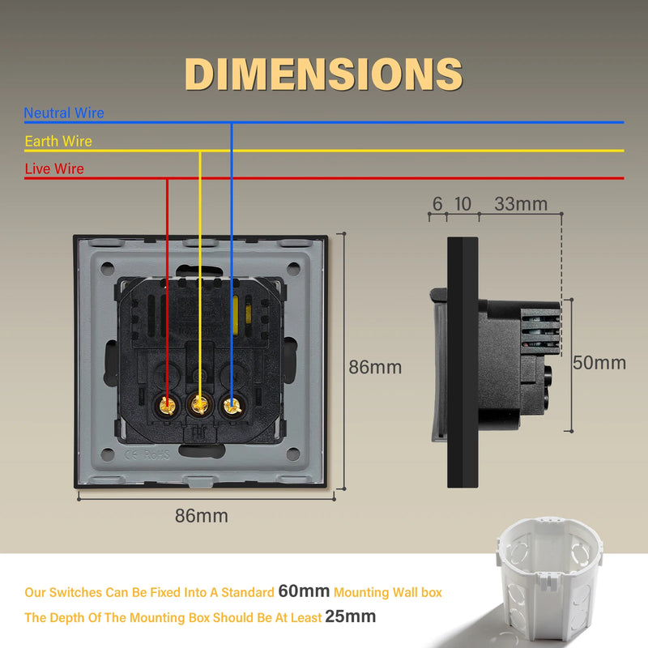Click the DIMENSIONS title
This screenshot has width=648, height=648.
pos(323,74)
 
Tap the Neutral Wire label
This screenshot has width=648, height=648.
pos(64,113)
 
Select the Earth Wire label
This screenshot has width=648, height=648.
pos(58,141)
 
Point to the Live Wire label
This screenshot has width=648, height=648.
pos(54,168)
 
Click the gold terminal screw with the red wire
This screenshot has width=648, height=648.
pos(168,406)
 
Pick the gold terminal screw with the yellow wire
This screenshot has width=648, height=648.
pos(199,405)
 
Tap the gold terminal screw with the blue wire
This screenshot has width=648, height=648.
pos(232,406)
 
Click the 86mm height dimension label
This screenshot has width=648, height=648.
pos(375,367)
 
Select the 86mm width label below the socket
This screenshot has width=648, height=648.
pos(201,516)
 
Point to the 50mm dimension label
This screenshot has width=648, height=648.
pos(599,363)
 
